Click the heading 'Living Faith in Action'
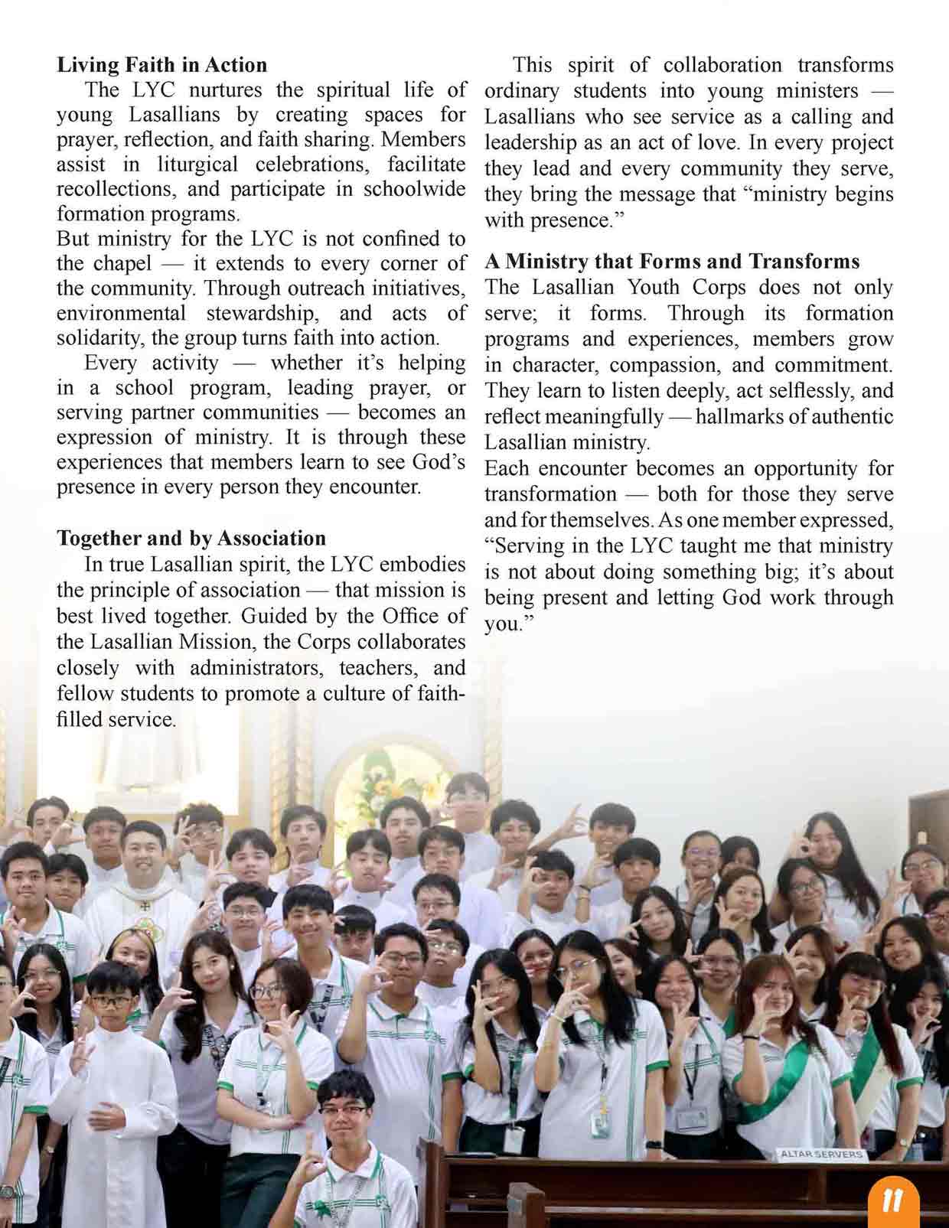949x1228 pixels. [161, 65]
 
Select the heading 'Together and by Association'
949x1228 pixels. [191, 539]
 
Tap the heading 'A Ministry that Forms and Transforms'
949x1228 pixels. [672, 262]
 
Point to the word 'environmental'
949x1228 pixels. [121, 314]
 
